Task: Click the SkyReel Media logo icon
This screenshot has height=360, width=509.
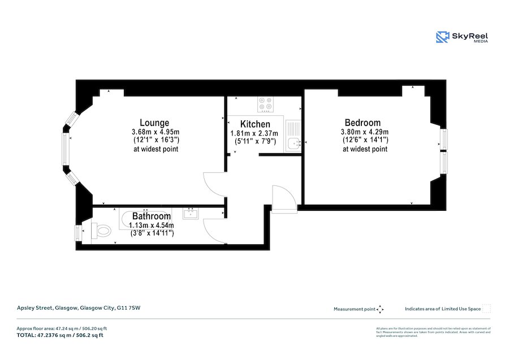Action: pos(442,37)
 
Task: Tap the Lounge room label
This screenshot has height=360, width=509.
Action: pos(154,123)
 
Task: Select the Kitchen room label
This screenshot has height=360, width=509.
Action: pos(255,124)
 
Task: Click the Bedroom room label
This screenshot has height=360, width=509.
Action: pos(363,123)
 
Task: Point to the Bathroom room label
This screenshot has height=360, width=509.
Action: pos(151,216)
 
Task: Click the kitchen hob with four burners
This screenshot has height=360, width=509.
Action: pos(265,104)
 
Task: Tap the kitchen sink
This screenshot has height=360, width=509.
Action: pos(293,144)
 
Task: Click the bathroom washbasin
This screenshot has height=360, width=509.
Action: pos(190,213)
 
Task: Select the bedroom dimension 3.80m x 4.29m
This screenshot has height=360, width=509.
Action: pos(365,132)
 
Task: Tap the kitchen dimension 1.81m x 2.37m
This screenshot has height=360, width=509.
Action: pos(255,133)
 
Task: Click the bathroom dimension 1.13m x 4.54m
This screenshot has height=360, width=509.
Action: pos(151,225)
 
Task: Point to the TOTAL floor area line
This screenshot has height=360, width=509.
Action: pos(60,335)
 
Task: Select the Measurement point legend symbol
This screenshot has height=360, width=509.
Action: pos(380,309)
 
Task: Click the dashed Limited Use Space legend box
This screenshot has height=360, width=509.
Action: pos(486,309)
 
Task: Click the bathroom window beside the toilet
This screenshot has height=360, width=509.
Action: pos(77,233)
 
